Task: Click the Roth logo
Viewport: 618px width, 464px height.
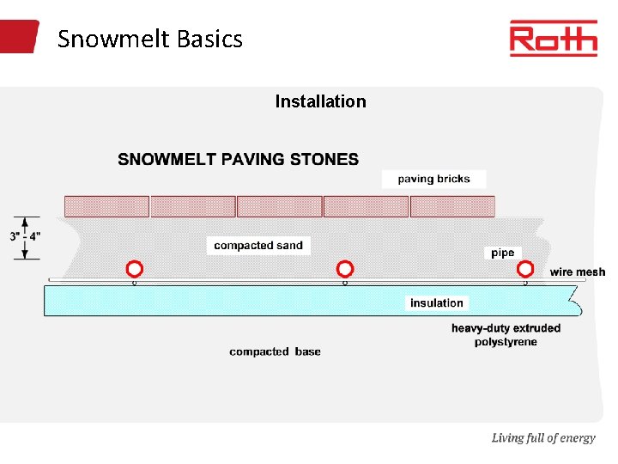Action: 553,39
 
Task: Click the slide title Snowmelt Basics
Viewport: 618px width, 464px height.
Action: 150,39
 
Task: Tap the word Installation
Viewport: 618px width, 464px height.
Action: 320,101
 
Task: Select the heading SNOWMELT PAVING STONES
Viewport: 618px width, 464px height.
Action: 239,159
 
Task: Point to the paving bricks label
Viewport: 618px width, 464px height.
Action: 433,179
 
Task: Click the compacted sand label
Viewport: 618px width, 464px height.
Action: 258,246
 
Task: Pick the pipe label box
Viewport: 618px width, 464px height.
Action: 503,253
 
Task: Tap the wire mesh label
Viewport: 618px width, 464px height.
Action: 578,272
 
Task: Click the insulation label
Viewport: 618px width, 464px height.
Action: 436,302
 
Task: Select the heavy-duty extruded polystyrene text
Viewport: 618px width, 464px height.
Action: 506,335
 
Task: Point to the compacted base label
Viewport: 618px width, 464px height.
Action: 275,351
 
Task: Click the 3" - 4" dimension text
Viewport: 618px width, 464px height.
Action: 26,236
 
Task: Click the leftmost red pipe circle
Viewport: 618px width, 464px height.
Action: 133,268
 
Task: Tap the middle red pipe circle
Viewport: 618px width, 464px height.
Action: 345,268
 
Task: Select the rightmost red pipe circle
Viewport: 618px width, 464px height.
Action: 524,268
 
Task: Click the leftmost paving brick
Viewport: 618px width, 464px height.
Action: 107,206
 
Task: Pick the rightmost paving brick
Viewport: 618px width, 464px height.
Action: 452,206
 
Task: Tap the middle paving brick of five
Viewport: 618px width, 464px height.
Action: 280,206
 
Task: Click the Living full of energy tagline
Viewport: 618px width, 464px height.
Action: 542,438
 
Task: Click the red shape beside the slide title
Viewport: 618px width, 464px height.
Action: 19,37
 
